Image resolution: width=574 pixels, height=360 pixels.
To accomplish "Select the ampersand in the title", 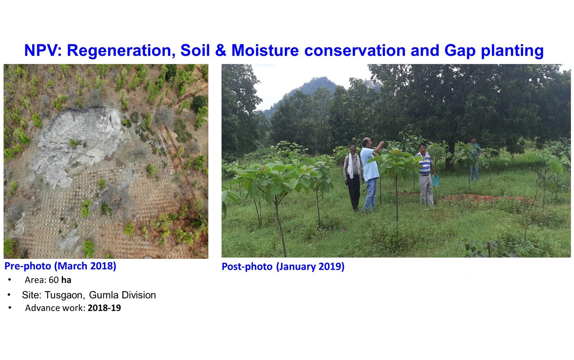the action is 221,50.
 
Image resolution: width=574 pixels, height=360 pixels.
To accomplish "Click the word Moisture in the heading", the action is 265,50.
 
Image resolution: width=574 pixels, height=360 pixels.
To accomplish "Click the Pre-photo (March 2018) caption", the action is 60,266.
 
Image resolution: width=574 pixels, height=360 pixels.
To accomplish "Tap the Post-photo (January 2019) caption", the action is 283,267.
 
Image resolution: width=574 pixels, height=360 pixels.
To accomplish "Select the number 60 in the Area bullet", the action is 53,280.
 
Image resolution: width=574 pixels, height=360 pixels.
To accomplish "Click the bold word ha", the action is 66,280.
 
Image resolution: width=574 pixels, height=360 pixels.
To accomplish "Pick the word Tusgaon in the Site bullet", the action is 65,295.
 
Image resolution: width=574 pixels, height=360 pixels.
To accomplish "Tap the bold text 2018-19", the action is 104,308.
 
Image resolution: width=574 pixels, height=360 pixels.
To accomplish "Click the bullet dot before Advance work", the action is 10,307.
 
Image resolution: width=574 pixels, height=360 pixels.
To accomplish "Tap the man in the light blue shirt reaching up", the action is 371,174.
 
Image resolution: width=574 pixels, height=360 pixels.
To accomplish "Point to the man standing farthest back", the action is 475,159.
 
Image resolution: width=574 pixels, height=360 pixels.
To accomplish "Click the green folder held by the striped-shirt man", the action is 435,181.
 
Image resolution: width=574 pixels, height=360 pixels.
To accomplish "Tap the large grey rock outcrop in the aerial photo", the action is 77,143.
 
